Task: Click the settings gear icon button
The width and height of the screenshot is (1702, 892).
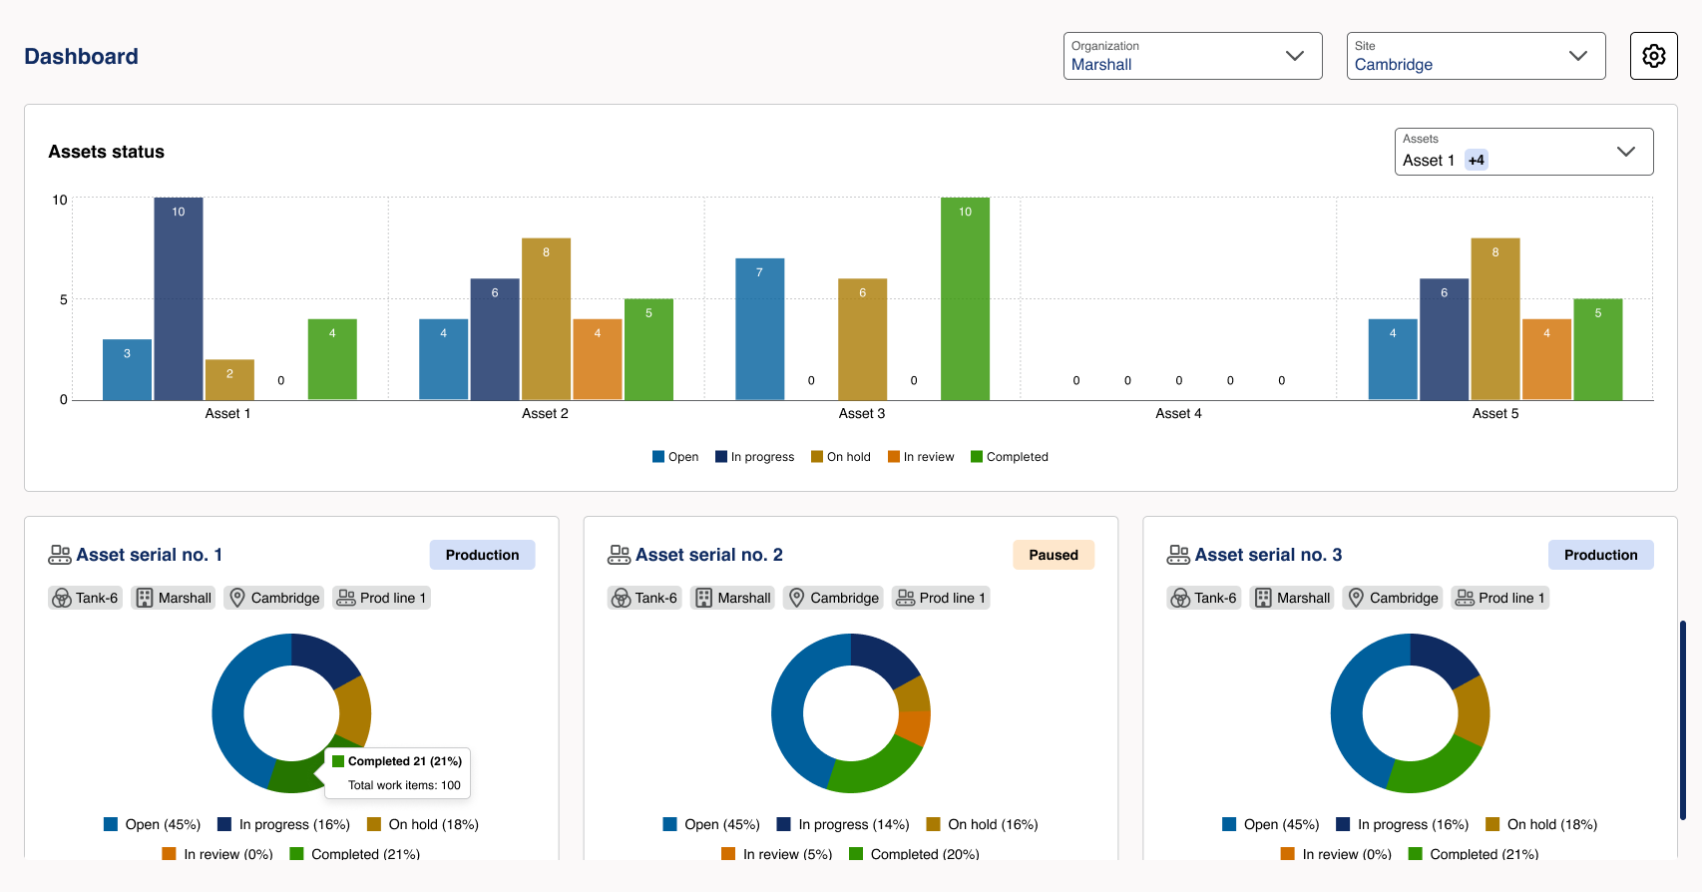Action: coord(1653,56)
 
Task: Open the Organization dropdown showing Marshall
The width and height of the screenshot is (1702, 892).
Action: coord(1192,56)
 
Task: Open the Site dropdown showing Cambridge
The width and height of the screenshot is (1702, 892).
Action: coord(1476,56)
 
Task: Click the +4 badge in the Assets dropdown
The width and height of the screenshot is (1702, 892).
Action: coord(1476,161)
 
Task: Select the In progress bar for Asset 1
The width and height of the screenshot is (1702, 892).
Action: coord(179,299)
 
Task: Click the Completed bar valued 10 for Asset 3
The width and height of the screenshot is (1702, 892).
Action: coord(965,299)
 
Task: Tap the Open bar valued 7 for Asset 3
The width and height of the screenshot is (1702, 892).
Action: coord(759,329)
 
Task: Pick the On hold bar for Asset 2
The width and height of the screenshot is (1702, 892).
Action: coord(546,319)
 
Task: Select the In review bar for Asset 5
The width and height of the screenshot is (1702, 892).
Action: coord(1546,359)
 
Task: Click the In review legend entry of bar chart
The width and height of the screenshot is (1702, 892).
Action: coord(921,457)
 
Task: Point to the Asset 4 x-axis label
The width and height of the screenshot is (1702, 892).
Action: coord(1178,413)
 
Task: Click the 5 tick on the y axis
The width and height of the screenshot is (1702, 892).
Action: coord(64,299)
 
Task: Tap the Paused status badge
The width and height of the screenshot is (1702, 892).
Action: coord(1054,555)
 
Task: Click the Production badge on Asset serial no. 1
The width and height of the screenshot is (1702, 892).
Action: coord(482,555)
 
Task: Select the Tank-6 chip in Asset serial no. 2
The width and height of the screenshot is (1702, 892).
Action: coord(644,598)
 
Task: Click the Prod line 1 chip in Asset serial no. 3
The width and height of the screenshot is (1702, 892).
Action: coord(1500,598)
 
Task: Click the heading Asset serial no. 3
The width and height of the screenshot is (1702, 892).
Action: coord(1267,555)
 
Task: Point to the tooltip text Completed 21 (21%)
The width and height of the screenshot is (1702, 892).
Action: coord(404,761)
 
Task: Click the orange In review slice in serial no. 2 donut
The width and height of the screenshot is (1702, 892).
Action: coord(915,727)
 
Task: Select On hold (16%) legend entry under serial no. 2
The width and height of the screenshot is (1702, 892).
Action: coord(983,824)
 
